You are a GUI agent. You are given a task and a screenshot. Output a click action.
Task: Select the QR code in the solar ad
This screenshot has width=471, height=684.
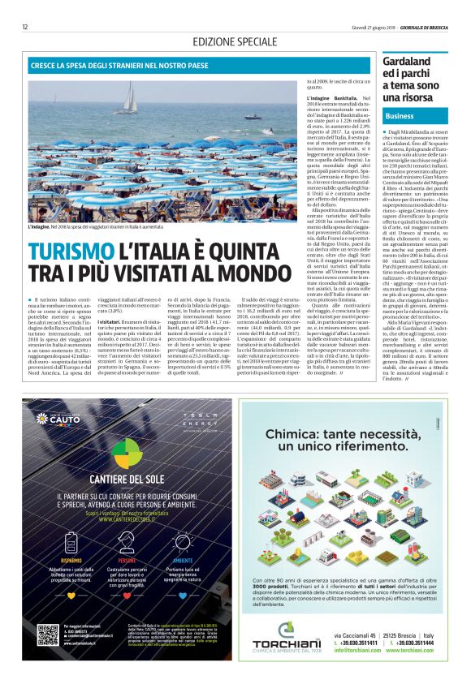[48, 635]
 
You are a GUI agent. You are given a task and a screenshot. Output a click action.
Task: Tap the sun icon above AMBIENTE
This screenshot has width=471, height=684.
[184, 542]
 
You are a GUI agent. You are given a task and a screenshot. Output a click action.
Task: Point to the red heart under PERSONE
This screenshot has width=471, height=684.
[126, 595]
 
